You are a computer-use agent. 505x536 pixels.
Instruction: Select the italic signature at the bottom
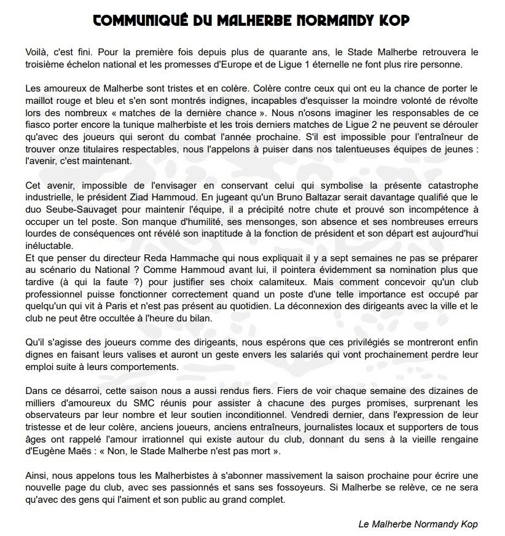(x=418, y=524)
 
